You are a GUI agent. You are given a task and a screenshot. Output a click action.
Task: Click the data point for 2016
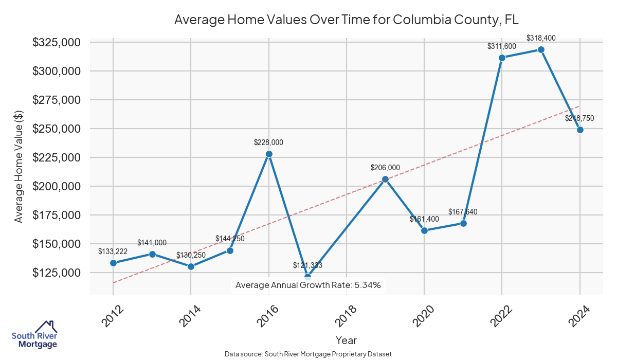[x=269, y=154]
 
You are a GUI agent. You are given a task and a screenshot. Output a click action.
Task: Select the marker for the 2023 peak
[x=541, y=49]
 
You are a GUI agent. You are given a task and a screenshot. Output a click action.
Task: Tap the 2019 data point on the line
[x=386, y=179]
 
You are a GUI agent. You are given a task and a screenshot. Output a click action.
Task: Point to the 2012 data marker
[x=113, y=263]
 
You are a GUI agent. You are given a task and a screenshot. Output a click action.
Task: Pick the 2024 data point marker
[x=580, y=130]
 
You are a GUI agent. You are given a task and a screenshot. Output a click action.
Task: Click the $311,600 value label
[x=502, y=46]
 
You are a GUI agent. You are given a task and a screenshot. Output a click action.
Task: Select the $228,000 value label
[x=268, y=142]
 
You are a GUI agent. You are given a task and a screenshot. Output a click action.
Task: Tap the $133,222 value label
[x=113, y=251]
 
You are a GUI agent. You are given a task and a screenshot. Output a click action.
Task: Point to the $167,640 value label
[x=463, y=212]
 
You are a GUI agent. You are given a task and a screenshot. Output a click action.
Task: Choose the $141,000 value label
[x=152, y=243]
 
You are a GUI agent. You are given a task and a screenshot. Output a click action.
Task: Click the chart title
[x=347, y=20]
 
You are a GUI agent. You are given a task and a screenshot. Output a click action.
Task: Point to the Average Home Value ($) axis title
[x=19, y=167]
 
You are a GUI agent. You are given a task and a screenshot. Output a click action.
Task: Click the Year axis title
[x=346, y=340]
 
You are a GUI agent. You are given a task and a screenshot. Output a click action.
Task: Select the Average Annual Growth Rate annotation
[x=307, y=285]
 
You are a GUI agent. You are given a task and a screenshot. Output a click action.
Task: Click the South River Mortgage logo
[x=34, y=335]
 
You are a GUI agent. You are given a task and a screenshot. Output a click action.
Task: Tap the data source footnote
[x=308, y=354]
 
